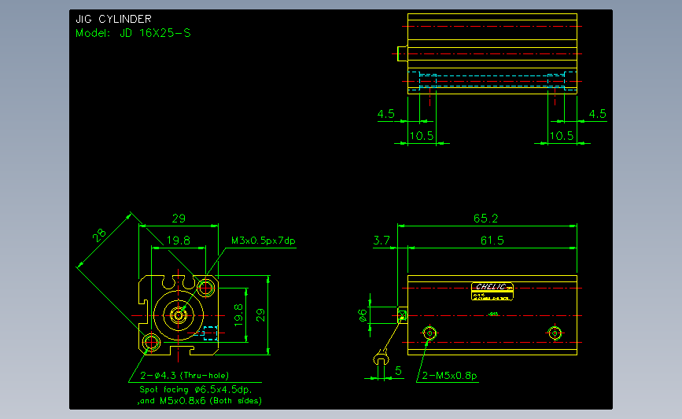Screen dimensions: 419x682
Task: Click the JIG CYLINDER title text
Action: pyautogui.click(x=113, y=19)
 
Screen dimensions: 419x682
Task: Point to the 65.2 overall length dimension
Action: pyautogui.click(x=485, y=218)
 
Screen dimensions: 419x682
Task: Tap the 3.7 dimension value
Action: pyautogui.click(x=382, y=240)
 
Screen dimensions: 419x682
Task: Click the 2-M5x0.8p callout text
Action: pyautogui.click(x=449, y=375)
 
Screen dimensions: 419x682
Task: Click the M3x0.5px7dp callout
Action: pyautogui.click(x=263, y=240)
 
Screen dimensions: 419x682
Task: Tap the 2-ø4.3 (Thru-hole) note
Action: pyautogui.click(x=184, y=375)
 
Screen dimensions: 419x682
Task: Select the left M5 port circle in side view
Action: pyautogui.click(x=429, y=333)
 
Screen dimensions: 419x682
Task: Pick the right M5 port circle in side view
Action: pyautogui.click(x=556, y=333)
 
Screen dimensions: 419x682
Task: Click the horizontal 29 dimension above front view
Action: pyautogui.click(x=179, y=218)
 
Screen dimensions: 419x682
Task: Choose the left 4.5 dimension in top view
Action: pyautogui.click(x=385, y=114)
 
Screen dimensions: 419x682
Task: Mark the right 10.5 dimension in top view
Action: pyautogui.click(x=560, y=135)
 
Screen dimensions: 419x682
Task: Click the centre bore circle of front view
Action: pyautogui.click(x=179, y=315)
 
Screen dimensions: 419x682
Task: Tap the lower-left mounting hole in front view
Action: pyautogui.click(x=151, y=342)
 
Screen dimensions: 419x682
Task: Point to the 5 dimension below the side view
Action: pyautogui.click(x=398, y=369)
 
